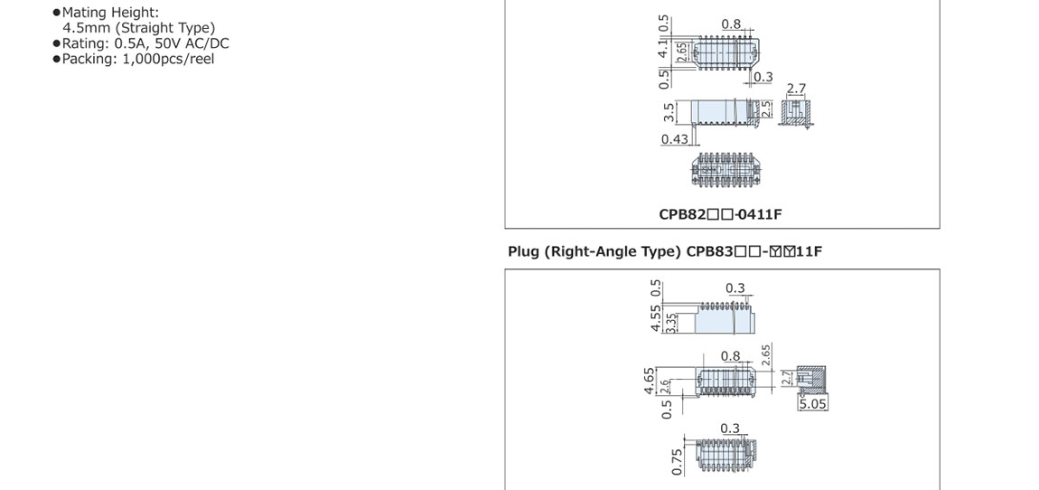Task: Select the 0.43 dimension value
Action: pyautogui.click(x=674, y=139)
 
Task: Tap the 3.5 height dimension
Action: pyautogui.click(x=669, y=113)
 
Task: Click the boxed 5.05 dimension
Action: pyautogui.click(x=812, y=404)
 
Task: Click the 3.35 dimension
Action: pyautogui.click(x=670, y=322)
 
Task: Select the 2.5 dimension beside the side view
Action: pyautogui.click(x=766, y=110)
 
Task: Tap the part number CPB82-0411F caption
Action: pyautogui.click(x=720, y=215)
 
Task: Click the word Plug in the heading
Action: pyautogui.click(x=523, y=251)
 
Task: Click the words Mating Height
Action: pyautogui.click(x=110, y=14)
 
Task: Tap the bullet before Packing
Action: pyautogui.click(x=56, y=59)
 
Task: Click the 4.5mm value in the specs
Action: pyautogui.click(x=85, y=28)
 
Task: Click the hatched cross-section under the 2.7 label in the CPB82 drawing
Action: pyautogui.click(x=795, y=110)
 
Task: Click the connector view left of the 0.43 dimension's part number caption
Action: pyautogui.click(x=723, y=170)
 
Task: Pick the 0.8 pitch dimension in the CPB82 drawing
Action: pyautogui.click(x=731, y=24)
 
